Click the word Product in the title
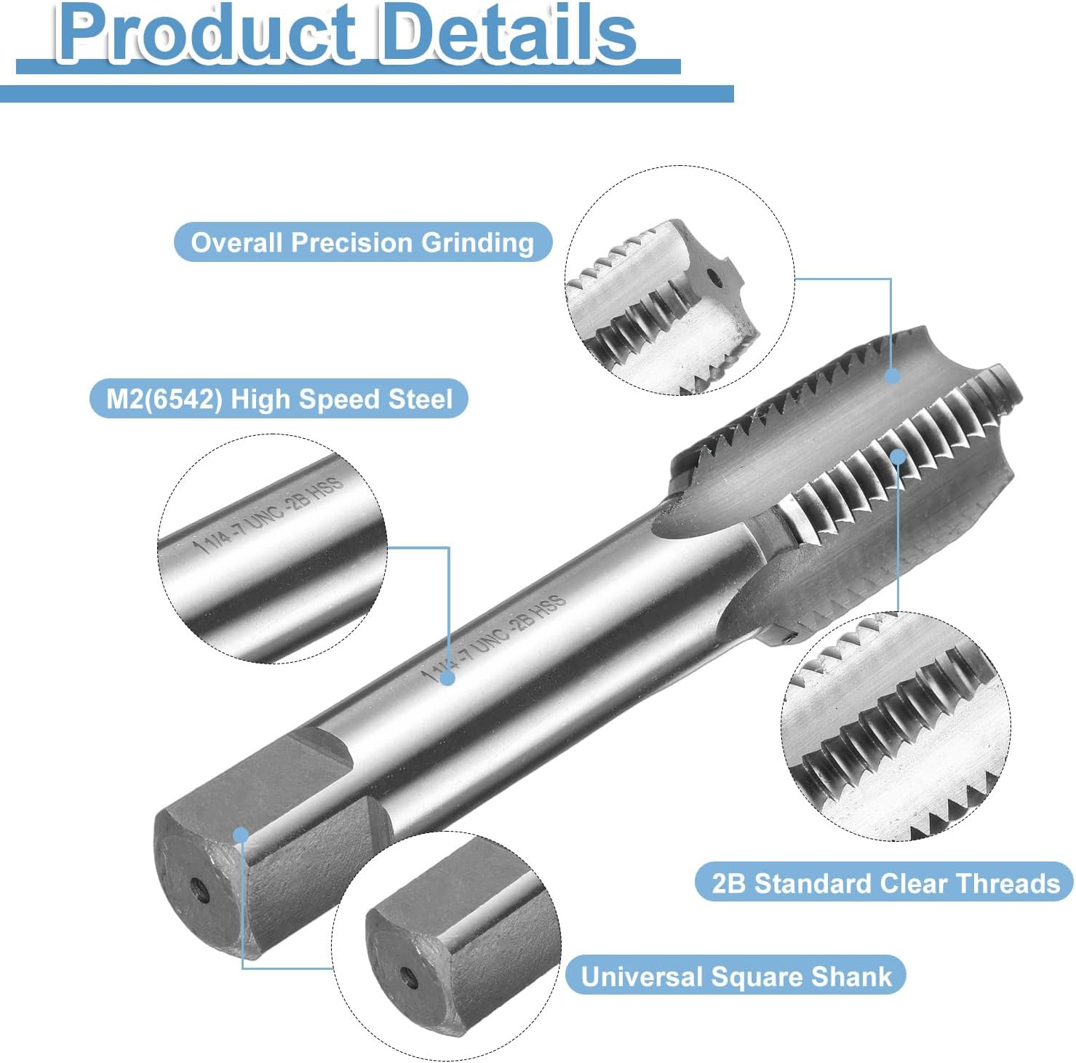pyautogui.click(x=207, y=33)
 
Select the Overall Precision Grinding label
pyautogui.click(x=362, y=242)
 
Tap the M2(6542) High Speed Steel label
pyautogui.click(x=279, y=399)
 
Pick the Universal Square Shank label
pyautogui.click(x=736, y=976)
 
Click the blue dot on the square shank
pyautogui.click(x=241, y=835)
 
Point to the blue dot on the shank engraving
pyautogui.click(x=448, y=678)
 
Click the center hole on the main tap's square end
pyautogui.click(x=196, y=887)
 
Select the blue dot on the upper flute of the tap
pyautogui.click(x=893, y=375)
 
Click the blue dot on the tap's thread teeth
pyautogui.click(x=898, y=457)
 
